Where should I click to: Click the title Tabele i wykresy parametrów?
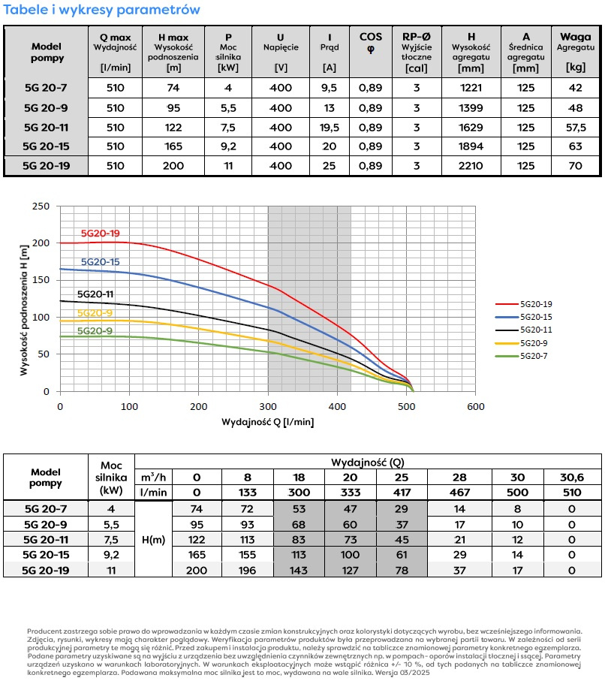[101, 10]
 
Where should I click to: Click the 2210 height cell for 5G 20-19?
[471, 165]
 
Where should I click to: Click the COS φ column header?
[371, 43]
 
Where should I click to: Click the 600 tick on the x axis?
[475, 406]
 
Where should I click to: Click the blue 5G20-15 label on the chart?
[99, 262]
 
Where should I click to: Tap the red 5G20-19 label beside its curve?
[100, 233]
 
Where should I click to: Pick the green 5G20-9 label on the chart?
[95, 331]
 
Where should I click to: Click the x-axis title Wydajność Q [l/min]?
[268, 422]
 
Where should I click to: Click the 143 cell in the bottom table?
[299, 570]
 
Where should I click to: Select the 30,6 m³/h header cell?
[573, 478]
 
